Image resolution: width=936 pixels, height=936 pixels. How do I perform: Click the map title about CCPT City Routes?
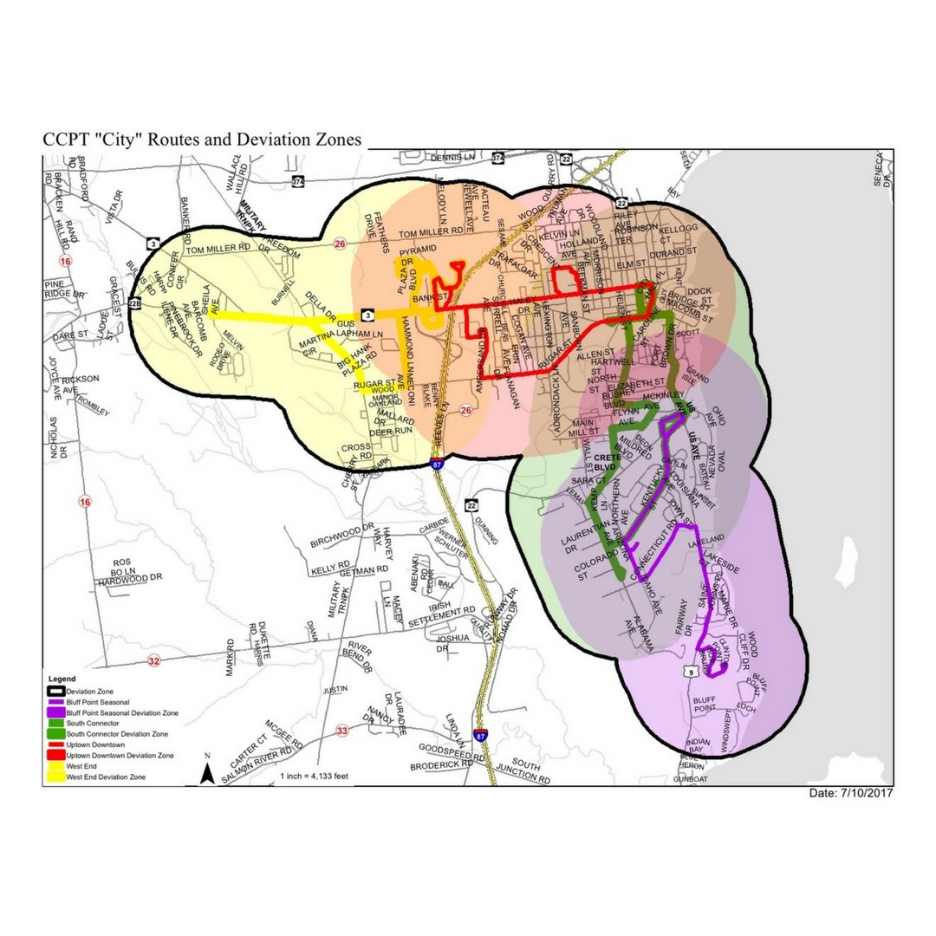click(x=203, y=140)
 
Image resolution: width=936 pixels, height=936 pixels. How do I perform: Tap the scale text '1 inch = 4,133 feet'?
click(x=313, y=776)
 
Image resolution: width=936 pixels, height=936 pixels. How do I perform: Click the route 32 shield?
click(x=153, y=660)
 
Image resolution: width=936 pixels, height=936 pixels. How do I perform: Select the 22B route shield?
click(x=134, y=303)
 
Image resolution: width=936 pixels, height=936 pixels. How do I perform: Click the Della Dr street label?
click(x=322, y=307)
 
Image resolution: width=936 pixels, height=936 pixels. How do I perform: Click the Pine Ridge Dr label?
click(x=66, y=289)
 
